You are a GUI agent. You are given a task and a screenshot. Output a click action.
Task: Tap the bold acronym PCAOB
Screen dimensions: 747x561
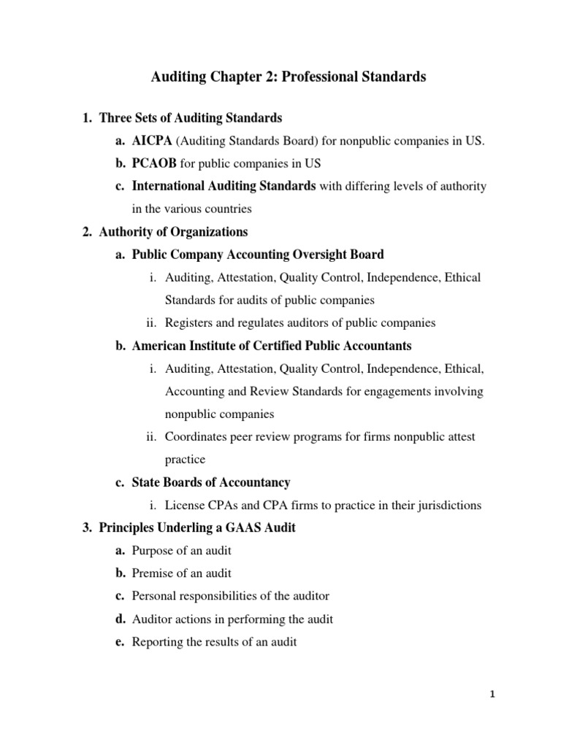[x=154, y=163]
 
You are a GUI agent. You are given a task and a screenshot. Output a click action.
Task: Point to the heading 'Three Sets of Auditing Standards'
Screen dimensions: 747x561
[x=190, y=117]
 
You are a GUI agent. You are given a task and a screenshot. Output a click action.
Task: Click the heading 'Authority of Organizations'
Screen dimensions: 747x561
[x=173, y=232]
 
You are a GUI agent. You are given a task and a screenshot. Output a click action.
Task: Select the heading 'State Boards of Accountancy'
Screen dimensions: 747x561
[x=211, y=482]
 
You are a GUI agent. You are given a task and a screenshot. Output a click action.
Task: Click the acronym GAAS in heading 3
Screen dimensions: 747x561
[x=249, y=528]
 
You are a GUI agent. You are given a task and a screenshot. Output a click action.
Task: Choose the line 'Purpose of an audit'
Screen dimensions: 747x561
[x=182, y=551]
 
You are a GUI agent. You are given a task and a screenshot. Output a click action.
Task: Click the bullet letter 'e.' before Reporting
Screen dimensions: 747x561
[x=120, y=642]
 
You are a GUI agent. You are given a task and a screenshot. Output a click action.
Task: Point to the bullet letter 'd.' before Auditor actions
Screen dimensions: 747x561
[x=120, y=619]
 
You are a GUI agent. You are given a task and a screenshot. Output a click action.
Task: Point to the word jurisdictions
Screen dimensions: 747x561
[x=449, y=506]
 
